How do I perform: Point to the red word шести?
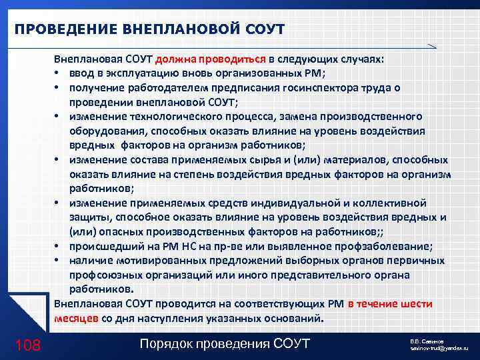click(x=418, y=303)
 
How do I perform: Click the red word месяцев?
click(x=76, y=318)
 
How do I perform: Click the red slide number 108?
click(x=27, y=345)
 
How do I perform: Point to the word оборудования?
click(x=103, y=131)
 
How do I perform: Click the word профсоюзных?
click(x=102, y=275)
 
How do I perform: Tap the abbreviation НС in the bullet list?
click(x=200, y=246)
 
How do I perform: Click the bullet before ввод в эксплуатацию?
click(x=59, y=73)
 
